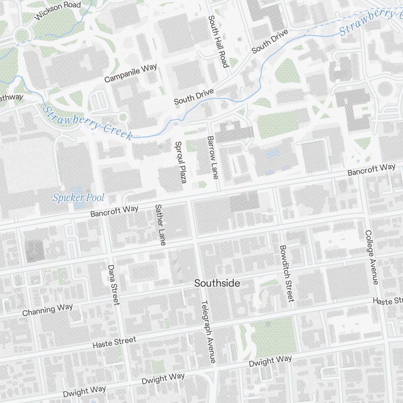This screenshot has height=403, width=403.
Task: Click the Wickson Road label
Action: [x=58, y=11]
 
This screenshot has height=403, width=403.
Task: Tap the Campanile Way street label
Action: [x=130, y=73]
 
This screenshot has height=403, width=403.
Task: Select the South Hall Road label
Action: [x=218, y=42]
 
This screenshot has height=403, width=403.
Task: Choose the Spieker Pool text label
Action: [x=78, y=197]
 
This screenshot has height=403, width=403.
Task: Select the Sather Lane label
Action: [x=160, y=224]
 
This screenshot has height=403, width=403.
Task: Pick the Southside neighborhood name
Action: [x=217, y=283]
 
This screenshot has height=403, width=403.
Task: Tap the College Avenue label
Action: [x=371, y=257]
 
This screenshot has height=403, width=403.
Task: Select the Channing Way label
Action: [x=48, y=310]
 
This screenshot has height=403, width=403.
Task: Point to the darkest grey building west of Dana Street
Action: [x=35, y=250]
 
